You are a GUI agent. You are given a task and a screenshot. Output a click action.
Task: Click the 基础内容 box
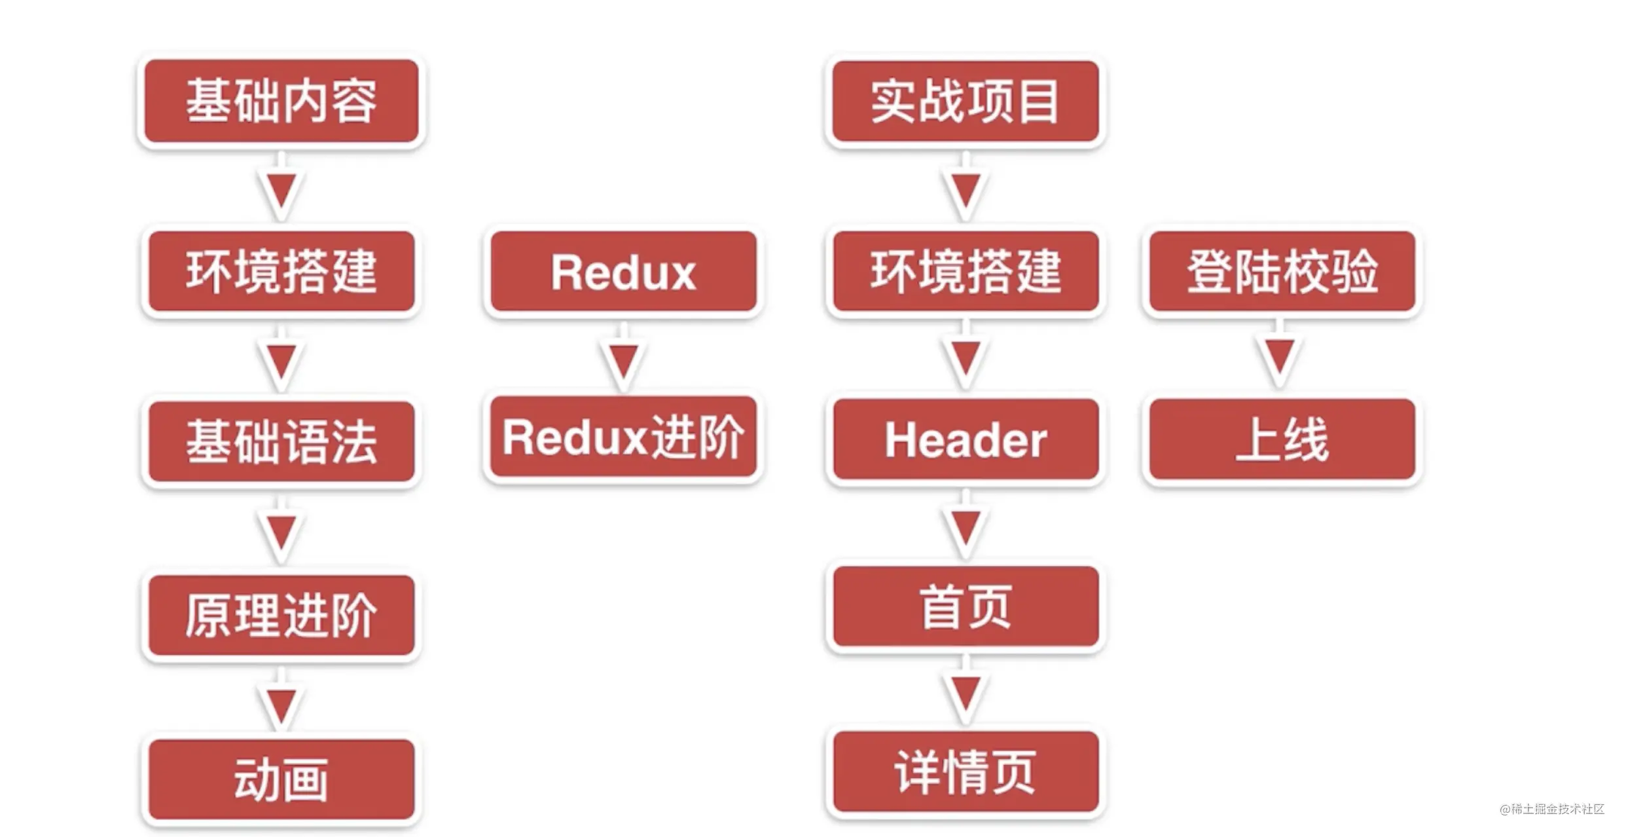281,101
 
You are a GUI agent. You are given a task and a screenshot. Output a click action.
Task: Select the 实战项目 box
965,102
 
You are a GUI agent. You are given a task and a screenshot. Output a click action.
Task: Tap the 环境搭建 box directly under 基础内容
281,271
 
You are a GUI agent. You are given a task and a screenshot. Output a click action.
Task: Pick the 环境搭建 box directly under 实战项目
965,271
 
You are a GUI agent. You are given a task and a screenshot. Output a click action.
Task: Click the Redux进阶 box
623,437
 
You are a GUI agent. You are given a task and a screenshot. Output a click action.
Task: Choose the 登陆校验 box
1282,271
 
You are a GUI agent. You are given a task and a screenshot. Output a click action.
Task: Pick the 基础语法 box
281,441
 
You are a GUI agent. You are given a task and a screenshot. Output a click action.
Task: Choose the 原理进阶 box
281,616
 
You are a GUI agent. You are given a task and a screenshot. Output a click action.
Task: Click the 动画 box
281,779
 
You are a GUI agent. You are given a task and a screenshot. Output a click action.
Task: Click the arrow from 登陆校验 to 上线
1279,357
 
